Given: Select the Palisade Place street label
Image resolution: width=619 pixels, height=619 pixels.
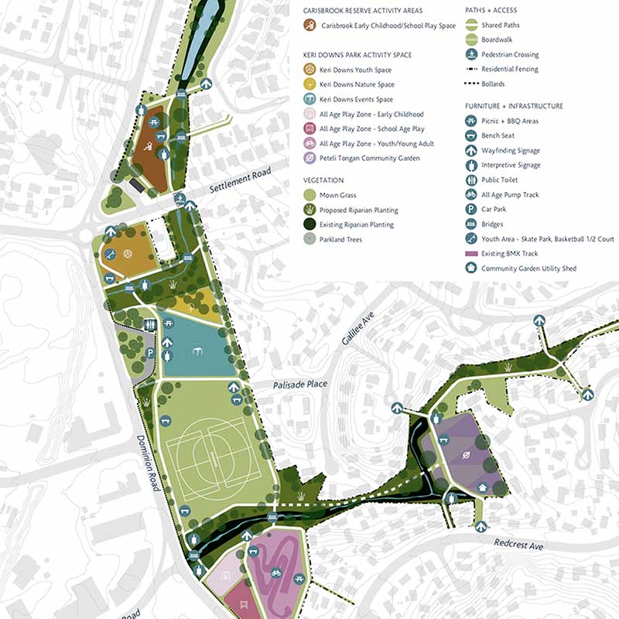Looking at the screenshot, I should point(299,385).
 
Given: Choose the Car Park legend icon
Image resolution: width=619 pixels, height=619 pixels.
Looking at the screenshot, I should point(470,210).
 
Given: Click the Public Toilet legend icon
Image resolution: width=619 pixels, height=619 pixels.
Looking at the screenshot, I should point(470,180).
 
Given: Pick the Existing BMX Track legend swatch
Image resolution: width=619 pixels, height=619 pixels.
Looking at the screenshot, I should point(470,254).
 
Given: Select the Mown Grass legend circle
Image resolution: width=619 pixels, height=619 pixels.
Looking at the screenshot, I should point(309,195).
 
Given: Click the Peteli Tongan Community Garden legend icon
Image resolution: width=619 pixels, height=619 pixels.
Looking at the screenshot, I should point(309,159).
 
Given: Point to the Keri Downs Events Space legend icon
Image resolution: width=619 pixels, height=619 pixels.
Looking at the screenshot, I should point(309,99).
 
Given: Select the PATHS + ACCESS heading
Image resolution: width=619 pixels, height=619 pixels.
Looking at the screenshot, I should point(491,10).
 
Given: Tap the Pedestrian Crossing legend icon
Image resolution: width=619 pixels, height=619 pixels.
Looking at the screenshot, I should point(470,54).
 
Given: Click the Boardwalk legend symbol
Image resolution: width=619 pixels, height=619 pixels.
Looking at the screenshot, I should point(470,39).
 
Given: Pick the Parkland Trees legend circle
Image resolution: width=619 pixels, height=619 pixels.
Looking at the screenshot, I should point(309,239).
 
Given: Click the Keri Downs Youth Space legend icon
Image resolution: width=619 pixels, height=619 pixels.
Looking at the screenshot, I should point(309,70).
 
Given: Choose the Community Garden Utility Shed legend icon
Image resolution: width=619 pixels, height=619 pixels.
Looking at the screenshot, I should point(470,268).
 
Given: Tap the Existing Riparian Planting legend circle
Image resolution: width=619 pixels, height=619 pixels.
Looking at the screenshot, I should point(309,224).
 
